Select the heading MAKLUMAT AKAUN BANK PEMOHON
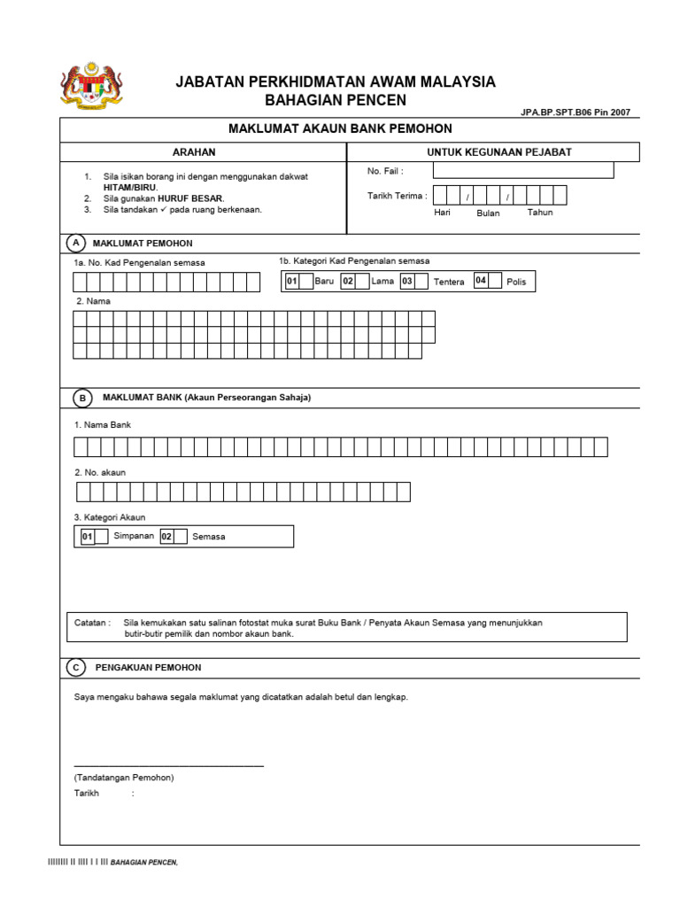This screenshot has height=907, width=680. pos(341,128)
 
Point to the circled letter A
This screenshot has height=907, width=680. pos(77,243)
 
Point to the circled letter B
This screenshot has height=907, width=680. pos(82,398)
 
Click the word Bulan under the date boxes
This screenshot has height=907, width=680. pos(488,213)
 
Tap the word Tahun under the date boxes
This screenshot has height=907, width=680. pos(540,213)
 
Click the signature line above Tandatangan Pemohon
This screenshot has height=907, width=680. pos(168,764)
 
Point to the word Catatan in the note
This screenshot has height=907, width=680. pos(91,623)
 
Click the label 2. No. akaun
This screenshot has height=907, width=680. pos(100,473)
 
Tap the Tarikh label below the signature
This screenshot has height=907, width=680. pos(87,794)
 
